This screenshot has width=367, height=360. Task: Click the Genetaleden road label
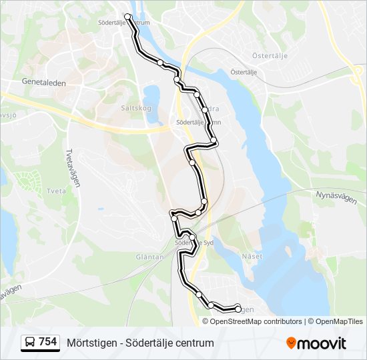click(x=43, y=83)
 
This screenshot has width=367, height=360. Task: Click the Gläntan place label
click(x=149, y=257)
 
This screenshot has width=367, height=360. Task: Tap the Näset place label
click(x=252, y=256)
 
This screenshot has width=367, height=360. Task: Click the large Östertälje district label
click(x=270, y=55)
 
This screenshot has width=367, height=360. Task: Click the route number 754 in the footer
click(x=47, y=342)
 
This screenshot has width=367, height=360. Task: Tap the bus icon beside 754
click(x=30, y=343)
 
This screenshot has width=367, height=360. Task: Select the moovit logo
click(x=316, y=343)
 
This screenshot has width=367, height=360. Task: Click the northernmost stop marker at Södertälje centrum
click(x=127, y=16)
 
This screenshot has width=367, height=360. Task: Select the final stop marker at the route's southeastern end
click(x=238, y=308)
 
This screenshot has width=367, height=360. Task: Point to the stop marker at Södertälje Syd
click(x=192, y=237)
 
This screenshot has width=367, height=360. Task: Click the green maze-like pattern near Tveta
click(x=27, y=179)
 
